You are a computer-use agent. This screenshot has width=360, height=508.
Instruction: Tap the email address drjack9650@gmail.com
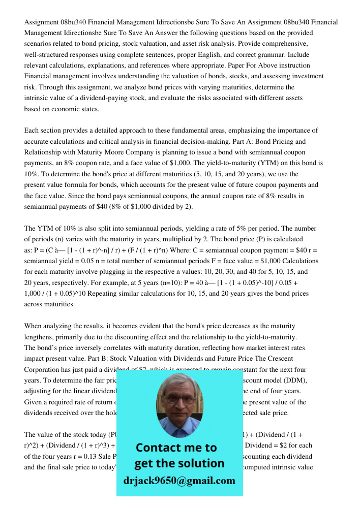pyautogui.click(x=179, y=481)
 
